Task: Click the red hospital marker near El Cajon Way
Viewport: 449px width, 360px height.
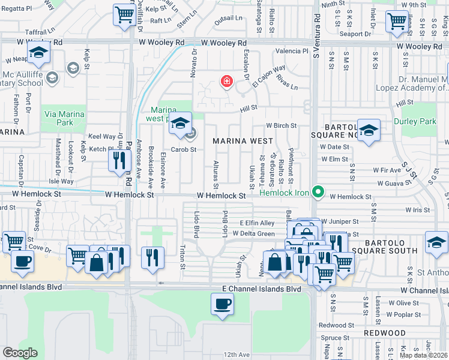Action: pyautogui.click(x=226, y=81)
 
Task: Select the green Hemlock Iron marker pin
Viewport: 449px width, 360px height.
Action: pyautogui.click(x=319, y=193)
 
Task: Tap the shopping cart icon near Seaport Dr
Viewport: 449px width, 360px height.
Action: pyautogui.click(x=397, y=21)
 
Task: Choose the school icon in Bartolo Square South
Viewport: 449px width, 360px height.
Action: pyautogui.click(x=436, y=242)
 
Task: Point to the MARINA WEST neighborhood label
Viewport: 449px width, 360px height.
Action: pyautogui.click(x=238, y=141)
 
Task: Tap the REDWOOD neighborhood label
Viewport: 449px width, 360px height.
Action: pyautogui.click(x=385, y=332)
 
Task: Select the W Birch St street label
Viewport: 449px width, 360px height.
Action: pyautogui.click(x=282, y=126)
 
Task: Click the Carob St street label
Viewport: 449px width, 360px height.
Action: pyautogui.click(x=183, y=149)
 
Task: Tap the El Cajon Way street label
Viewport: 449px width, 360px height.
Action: pyautogui.click(x=268, y=75)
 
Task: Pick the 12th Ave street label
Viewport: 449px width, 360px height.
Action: pyautogui.click(x=237, y=355)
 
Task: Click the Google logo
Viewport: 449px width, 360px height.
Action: pyautogui.click(x=20, y=352)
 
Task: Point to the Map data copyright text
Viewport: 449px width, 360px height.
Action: pyautogui.click(x=424, y=355)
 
